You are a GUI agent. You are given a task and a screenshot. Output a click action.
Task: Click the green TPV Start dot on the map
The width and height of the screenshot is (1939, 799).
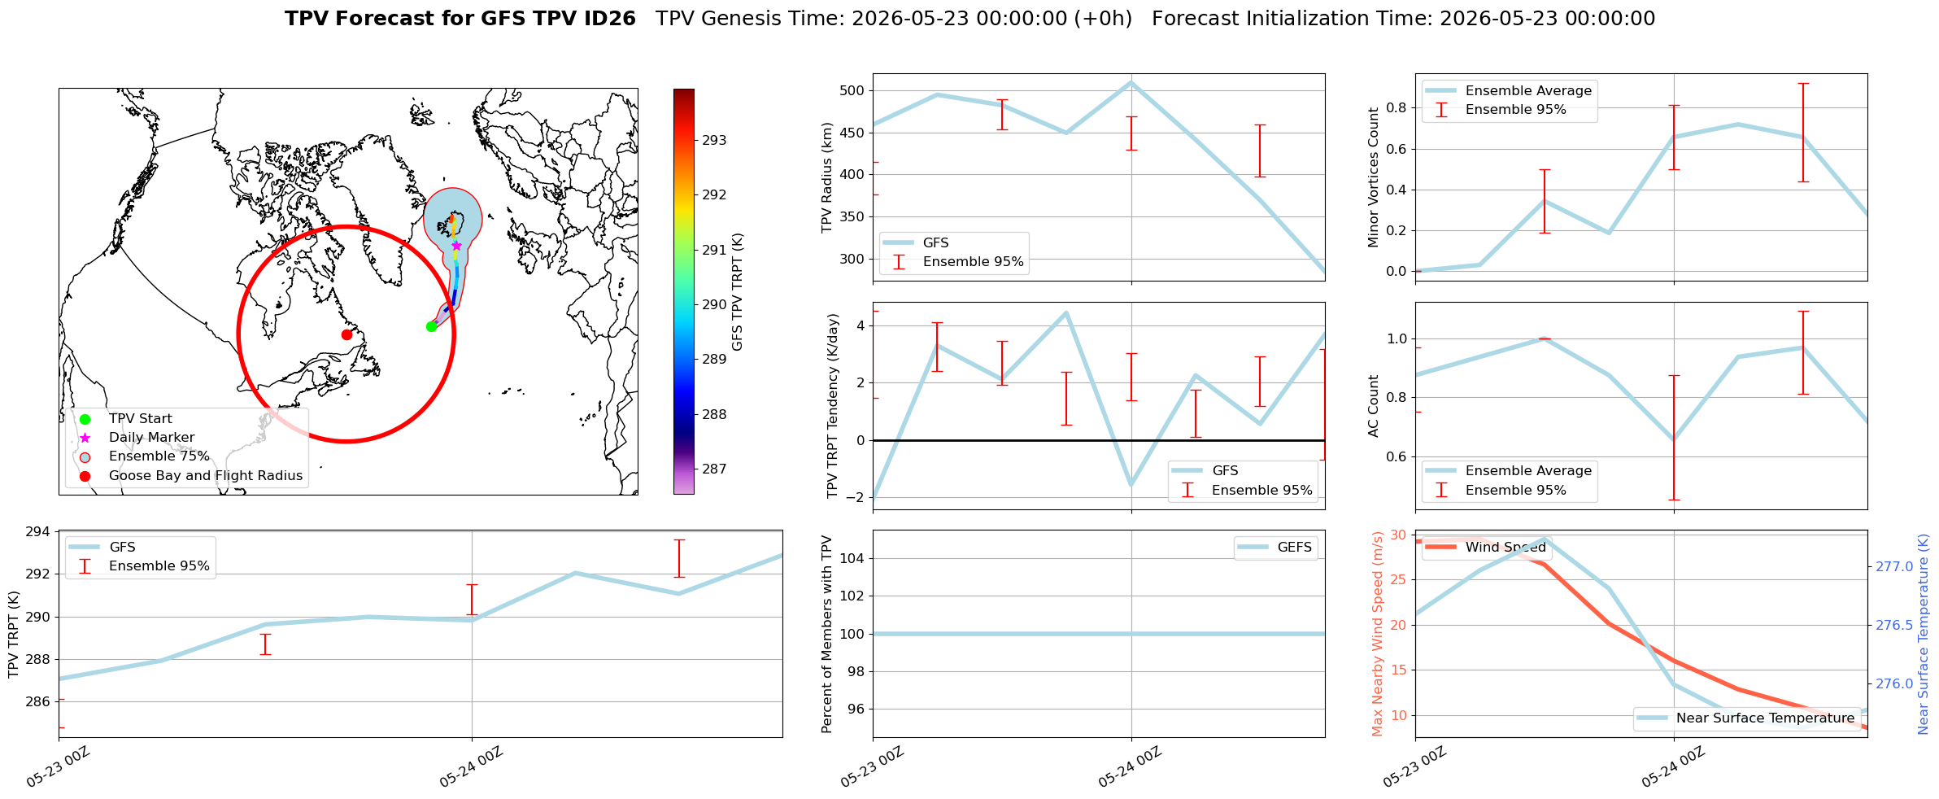click(431, 326)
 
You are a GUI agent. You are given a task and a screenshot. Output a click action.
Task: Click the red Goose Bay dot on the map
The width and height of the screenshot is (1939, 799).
click(346, 334)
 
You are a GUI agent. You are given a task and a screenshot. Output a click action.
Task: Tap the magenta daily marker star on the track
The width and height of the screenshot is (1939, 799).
click(456, 246)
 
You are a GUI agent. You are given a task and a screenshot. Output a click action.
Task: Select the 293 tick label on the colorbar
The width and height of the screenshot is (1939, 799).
click(714, 140)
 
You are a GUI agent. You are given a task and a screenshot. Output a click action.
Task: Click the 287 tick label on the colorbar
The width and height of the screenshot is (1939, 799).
click(714, 469)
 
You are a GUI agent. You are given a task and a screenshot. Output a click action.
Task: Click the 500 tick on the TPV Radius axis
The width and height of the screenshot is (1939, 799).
click(852, 90)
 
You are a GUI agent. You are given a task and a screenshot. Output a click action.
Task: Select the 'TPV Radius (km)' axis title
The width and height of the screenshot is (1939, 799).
click(827, 177)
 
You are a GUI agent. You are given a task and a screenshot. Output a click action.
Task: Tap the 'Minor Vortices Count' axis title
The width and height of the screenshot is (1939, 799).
click(1374, 177)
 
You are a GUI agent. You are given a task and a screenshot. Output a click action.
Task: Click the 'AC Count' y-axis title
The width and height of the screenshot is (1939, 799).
click(1374, 406)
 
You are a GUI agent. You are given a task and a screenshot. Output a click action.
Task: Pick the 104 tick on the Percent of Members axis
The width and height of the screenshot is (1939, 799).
click(852, 558)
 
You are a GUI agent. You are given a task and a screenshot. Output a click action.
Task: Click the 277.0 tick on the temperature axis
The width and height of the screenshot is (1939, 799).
click(1894, 566)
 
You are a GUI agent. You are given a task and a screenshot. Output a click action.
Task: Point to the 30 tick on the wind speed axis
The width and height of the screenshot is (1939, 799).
click(1398, 535)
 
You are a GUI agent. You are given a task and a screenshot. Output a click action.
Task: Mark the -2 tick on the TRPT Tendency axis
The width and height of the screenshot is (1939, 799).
click(855, 497)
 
